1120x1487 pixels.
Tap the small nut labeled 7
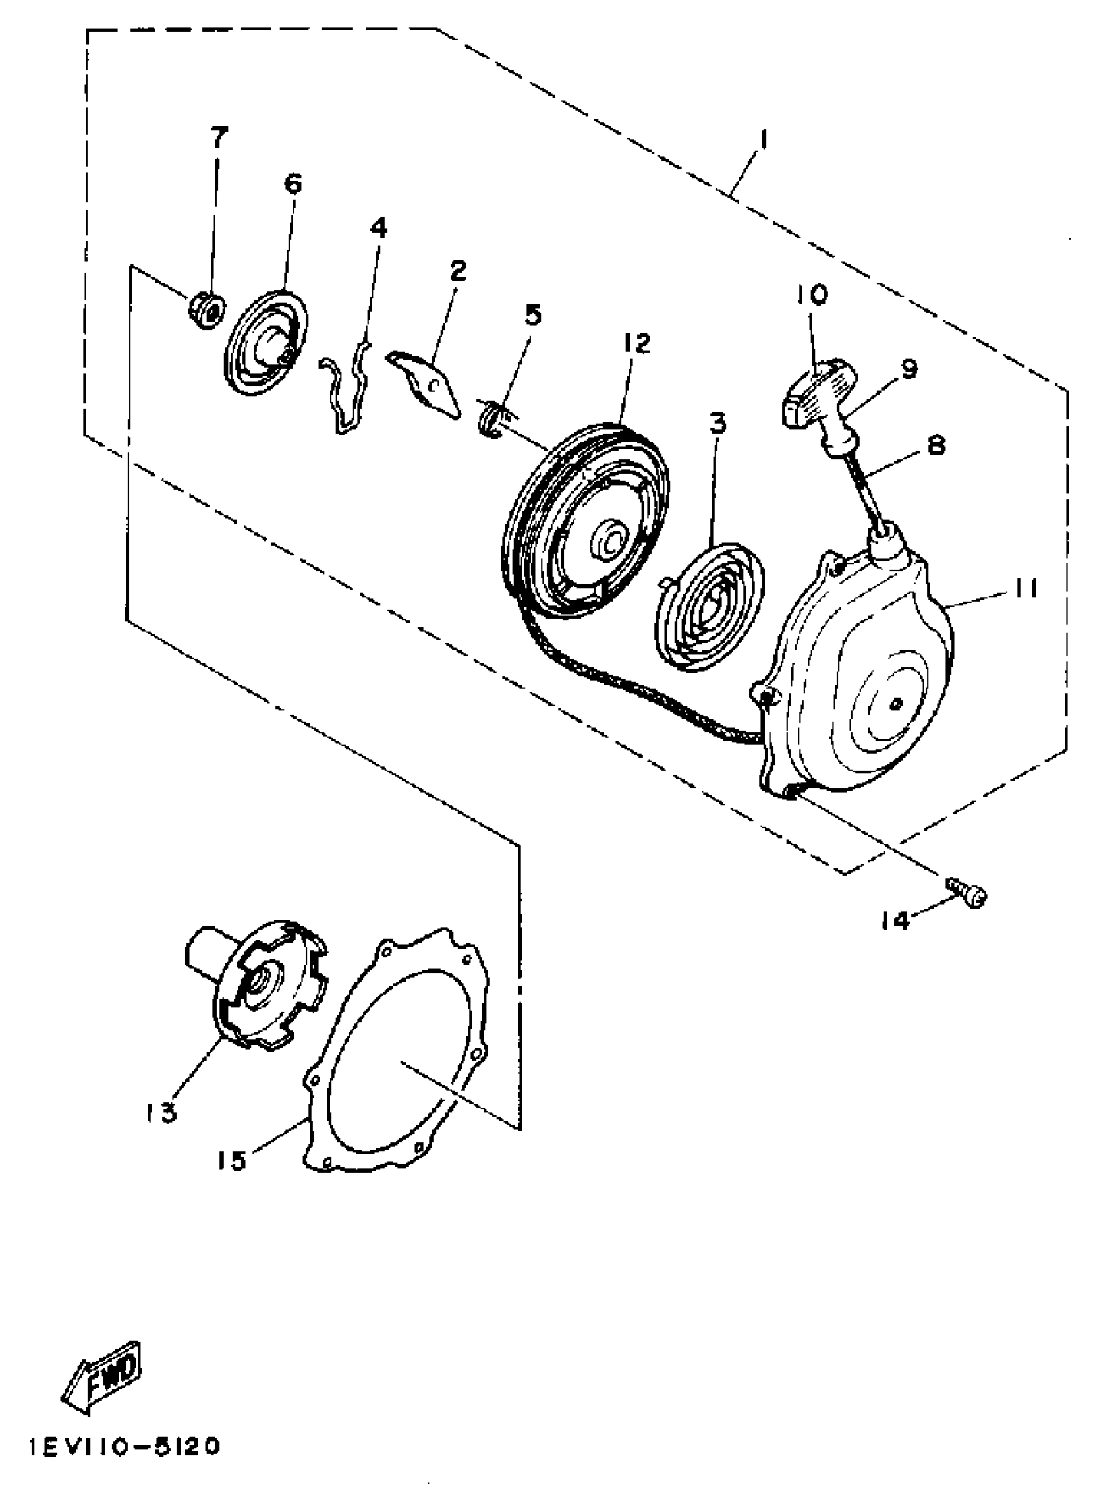pyautogui.click(x=206, y=310)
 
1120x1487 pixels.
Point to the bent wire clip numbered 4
pyautogui.click(x=347, y=390)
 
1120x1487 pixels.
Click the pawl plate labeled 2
pyautogui.click(x=424, y=384)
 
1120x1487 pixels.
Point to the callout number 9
pyautogui.click(x=909, y=368)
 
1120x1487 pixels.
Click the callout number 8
pyautogui.click(x=936, y=444)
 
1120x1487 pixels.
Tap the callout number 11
pyautogui.click(x=1025, y=588)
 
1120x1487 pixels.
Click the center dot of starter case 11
pyautogui.click(x=895, y=703)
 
